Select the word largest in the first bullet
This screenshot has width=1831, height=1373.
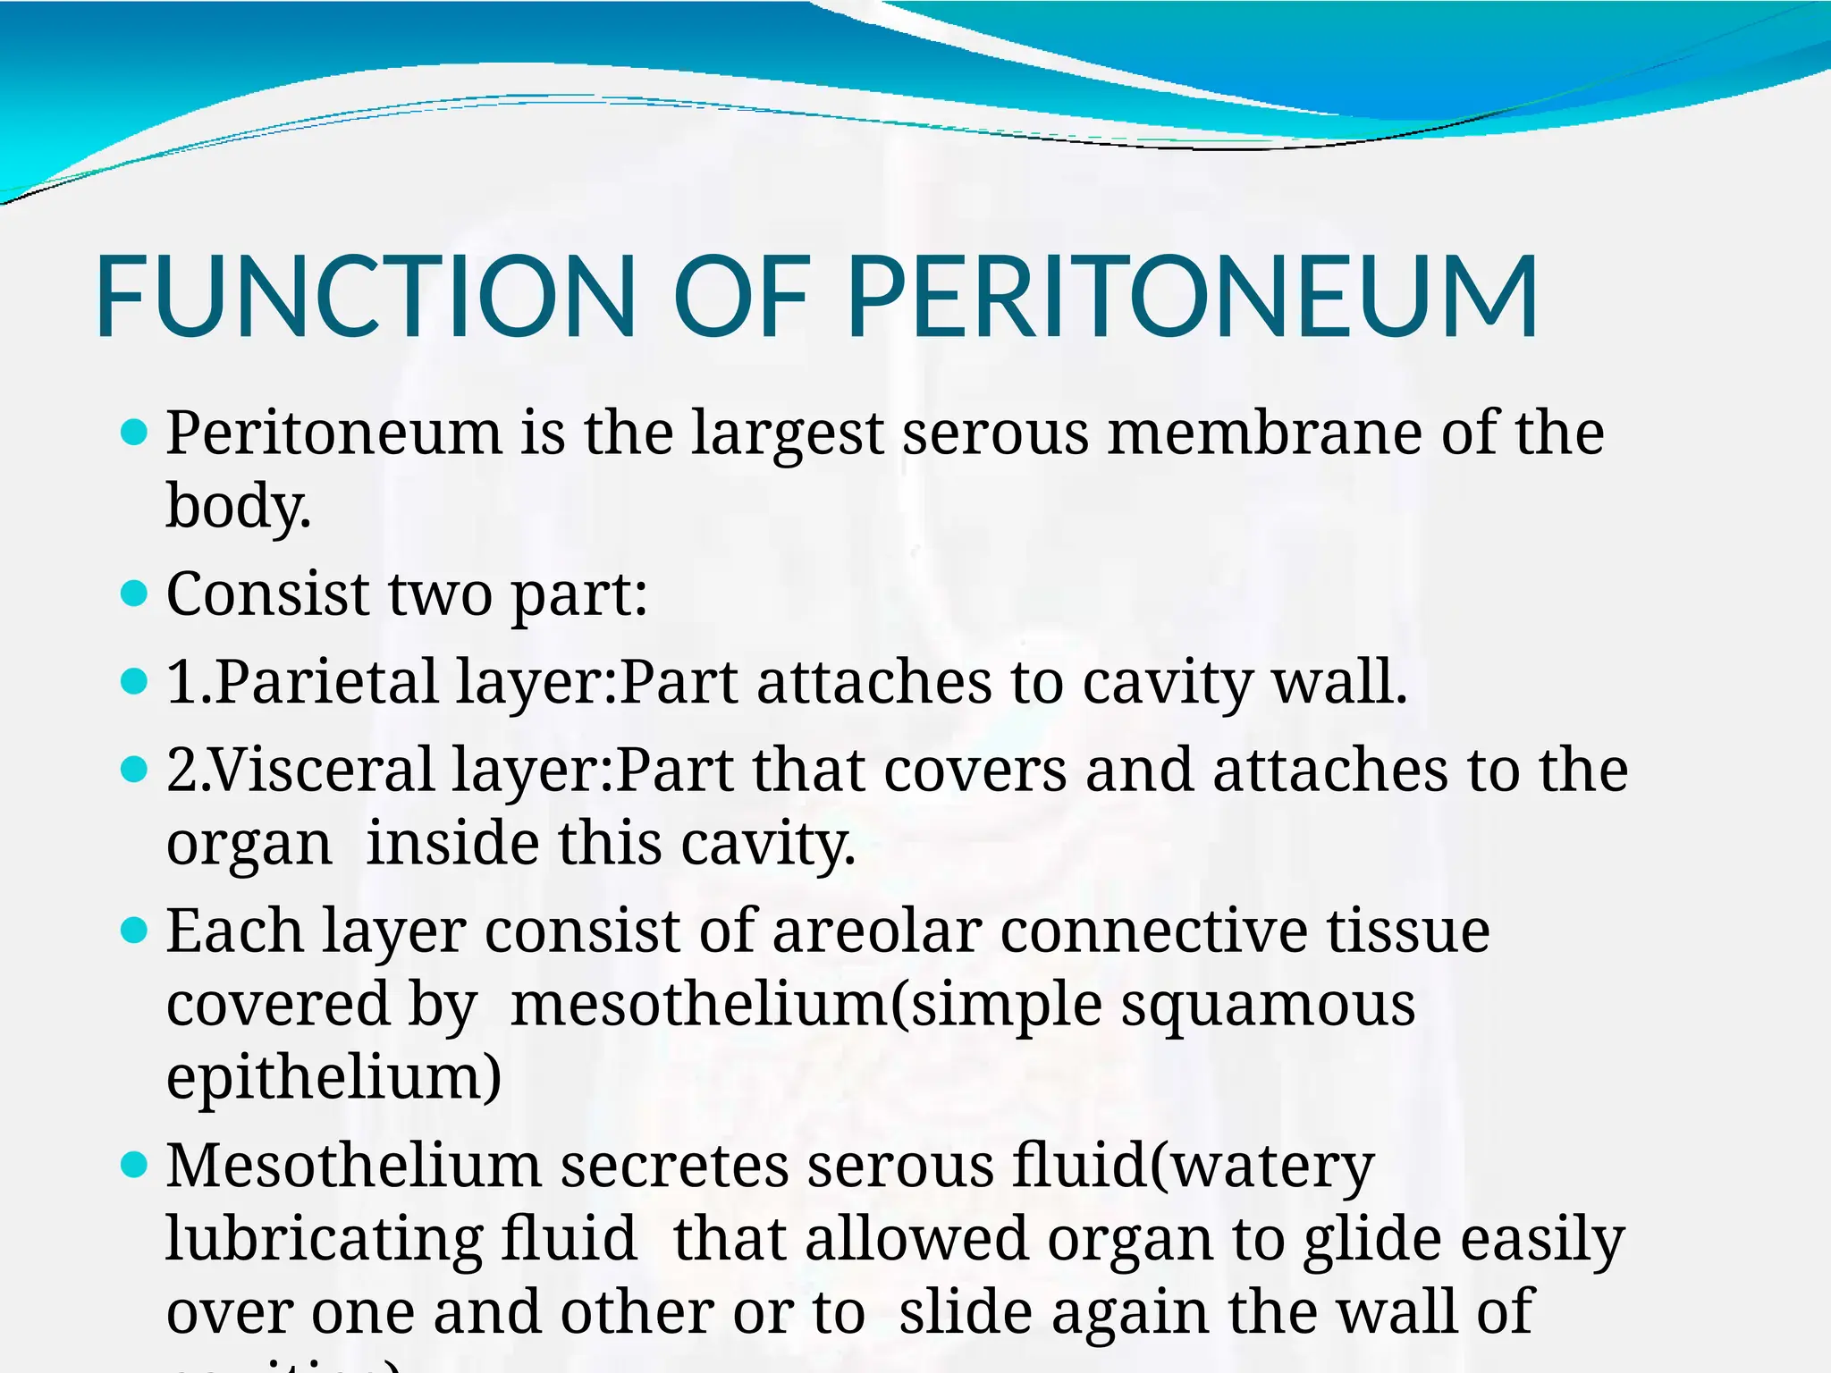tap(787, 434)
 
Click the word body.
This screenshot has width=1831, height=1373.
tap(238, 506)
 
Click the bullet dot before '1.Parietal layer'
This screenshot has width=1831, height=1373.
tap(132, 682)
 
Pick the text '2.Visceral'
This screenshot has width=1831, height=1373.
tap(300, 770)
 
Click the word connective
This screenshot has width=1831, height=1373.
tap(1153, 931)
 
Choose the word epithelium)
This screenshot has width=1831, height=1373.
tap(333, 1077)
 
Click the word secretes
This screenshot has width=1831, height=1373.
tap(674, 1167)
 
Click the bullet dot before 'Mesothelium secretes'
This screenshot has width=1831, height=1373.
tap(132, 1166)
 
